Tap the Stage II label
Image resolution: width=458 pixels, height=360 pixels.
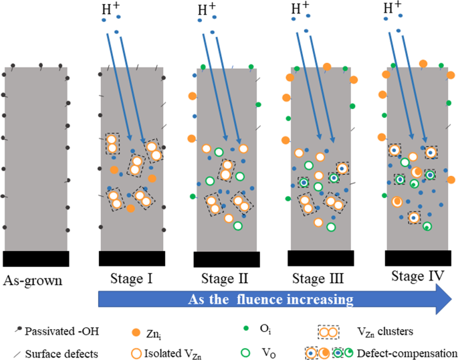(x=225, y=278)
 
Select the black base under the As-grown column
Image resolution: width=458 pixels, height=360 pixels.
(x=35, y=258)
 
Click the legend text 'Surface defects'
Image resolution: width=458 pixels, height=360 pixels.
(x=57, y=353)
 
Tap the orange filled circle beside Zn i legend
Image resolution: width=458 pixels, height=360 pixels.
(x=136, y=331)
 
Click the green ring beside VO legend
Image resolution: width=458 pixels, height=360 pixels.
(x=245, y=352)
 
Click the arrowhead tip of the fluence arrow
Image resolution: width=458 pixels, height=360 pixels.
(x=452, y=299)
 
